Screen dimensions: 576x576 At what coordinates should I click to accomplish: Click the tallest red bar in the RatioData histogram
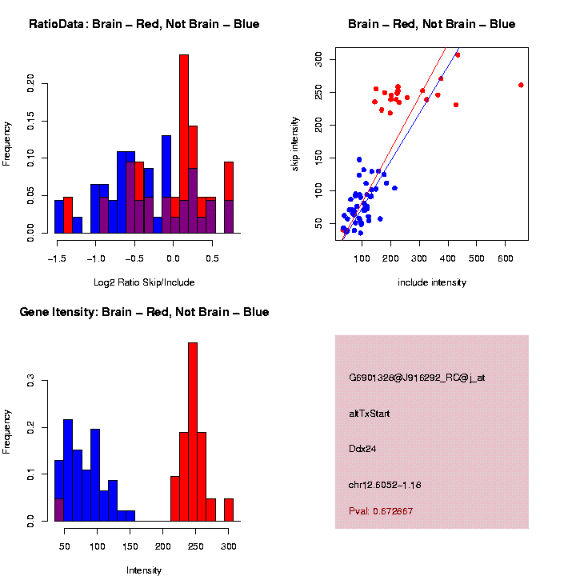tap(184, 128)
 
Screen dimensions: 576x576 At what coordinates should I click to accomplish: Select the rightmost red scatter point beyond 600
tap(521, 85)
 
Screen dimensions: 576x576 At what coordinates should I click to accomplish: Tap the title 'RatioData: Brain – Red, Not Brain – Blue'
tap(144, 24)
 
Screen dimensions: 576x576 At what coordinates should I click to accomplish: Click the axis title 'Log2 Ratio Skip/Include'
tap(143, 282)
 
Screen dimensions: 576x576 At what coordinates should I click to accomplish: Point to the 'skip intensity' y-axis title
tap(295, 142)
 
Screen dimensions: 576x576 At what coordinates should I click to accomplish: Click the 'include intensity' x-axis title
tap(431, 282)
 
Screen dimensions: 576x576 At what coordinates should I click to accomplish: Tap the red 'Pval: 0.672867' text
tap(381, 510)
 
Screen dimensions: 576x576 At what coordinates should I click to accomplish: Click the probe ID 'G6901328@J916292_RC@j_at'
tap(417, 378)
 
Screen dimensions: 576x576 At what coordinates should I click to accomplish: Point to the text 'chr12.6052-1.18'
tap(385, 484)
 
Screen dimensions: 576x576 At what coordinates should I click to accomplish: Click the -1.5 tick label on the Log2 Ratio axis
tap(56, 259)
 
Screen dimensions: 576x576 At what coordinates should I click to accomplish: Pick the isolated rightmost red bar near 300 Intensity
tap(229, 510)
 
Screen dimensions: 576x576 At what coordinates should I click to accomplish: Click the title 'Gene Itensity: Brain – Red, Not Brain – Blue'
tap(144, 312)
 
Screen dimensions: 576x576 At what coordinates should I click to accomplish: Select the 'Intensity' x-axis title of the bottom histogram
tap(144, 570)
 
